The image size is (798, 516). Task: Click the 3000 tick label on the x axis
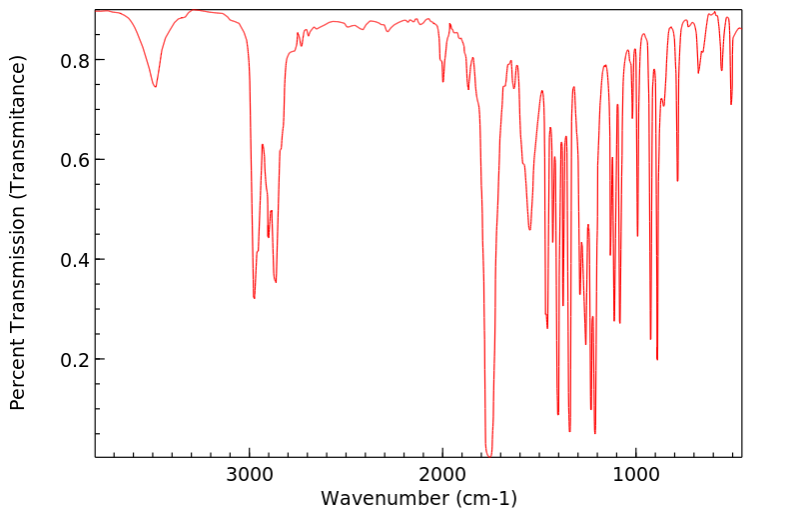[250, 473]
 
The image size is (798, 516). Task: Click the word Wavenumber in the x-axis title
[378, 498]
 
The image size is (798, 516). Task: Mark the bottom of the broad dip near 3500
[155, 87]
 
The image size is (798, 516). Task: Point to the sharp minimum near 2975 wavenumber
[255, 298]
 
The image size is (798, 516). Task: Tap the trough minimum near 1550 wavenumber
[530, 230]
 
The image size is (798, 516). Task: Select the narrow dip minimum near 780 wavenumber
[677, 181]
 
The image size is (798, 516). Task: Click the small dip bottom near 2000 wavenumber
[443, 81]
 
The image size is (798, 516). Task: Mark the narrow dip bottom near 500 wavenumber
[731, 104]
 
